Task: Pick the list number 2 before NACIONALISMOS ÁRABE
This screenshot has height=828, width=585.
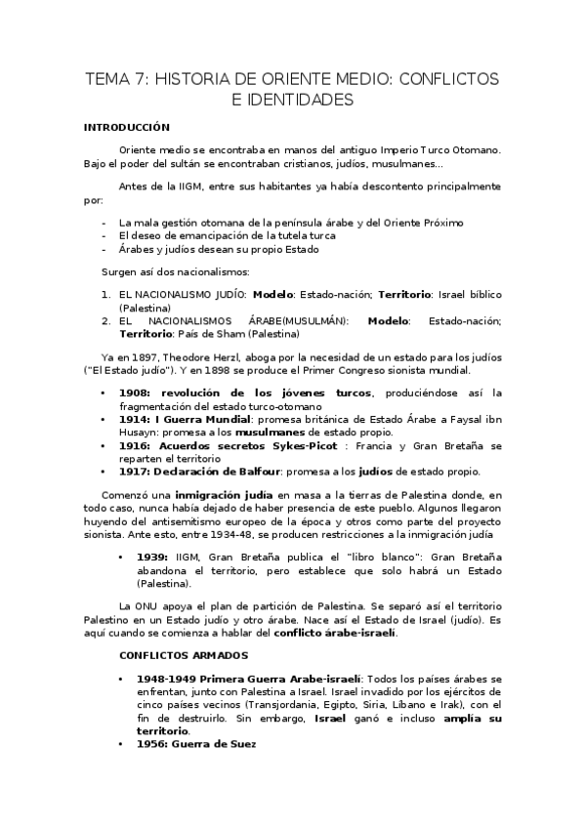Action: pyautogui.click(x=105, y=319)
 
